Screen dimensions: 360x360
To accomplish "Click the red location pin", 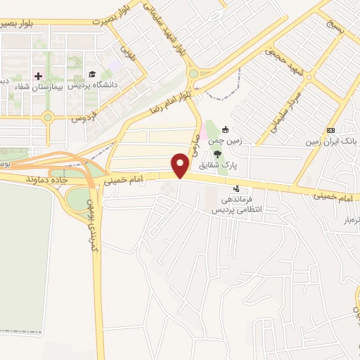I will click(x=180, y=165).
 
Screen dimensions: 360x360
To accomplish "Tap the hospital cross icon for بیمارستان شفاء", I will click(x=39, y=75).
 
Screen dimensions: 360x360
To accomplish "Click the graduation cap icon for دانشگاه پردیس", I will click(x=91, y=75).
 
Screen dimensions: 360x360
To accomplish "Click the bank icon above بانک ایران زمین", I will click(x=330, y=129).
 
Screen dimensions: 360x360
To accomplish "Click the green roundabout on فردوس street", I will click(x=47, y=117).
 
